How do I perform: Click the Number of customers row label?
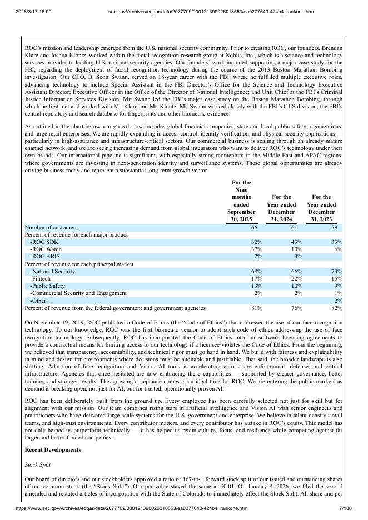tap(51, 228)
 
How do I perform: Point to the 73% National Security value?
tap(336, 271)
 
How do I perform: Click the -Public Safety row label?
tap(48, 286)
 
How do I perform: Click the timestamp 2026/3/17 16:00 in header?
tap(34, 11)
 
